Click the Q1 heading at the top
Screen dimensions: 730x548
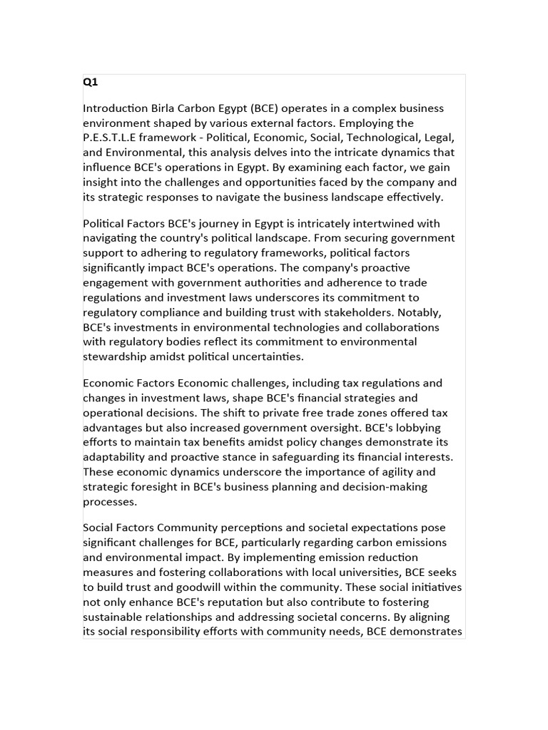point(91,82)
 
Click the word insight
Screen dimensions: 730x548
point(101,182)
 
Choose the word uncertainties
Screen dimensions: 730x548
point(277,356)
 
